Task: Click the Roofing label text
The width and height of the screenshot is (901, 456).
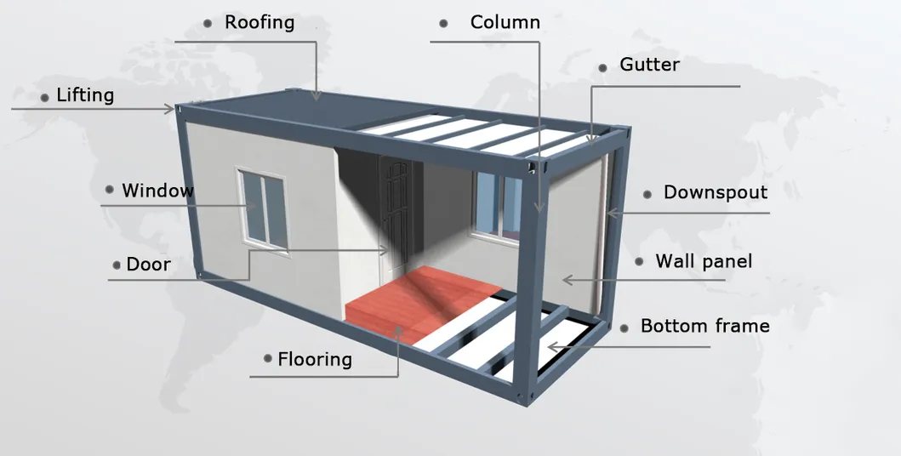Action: [259, 22]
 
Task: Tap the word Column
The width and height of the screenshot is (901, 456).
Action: [505, 22]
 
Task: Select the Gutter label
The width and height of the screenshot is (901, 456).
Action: [649, 65]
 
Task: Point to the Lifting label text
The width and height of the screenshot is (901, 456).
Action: [85, 94]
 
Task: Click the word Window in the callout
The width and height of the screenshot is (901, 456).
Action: [157, 191]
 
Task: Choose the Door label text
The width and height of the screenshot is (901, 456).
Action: [148, 265]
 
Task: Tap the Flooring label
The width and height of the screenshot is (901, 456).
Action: [314, 359]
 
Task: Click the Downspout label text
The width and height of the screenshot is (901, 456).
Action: [715, 192]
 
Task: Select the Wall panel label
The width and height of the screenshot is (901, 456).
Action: [704, 261]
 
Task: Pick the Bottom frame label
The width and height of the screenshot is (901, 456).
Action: [704, 326]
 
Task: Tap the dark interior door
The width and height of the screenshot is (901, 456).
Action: [397, 213]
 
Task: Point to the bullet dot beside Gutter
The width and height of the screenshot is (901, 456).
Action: [602, 67]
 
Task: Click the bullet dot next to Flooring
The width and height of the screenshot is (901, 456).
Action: [268, 359]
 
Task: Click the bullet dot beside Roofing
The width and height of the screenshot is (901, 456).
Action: [208, 24]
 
